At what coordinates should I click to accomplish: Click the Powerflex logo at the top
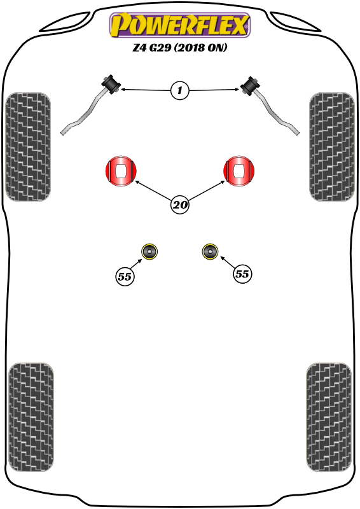click(x=180, y=25)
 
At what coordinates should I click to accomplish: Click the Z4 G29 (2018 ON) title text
click(x=179, y=47)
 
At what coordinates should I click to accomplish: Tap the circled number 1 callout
click(x=180, y=90)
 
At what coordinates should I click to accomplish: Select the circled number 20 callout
click(x=180, y=205)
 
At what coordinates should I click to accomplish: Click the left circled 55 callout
click(x=125, y=277)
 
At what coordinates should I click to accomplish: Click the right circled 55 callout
click(x=242, y=274)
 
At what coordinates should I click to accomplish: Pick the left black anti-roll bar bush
click(x=111, y=85)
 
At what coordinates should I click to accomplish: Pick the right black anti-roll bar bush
click(x=250, y=86)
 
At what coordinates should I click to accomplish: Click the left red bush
click(x=121, y=171)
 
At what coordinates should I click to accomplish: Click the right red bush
click(x=239, y=171)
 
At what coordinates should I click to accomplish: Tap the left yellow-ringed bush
click(x=149, y=251)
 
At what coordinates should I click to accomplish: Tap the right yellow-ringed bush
click(x=210, y=251)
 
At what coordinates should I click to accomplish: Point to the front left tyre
click(x=28, y=147)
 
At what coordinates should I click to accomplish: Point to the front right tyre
click(x=332, y=147)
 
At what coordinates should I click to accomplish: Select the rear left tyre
click(x=31, y=417)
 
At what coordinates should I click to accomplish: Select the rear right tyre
click(x=329, y=417)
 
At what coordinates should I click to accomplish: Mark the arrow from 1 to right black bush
click(x=214, y=90)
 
